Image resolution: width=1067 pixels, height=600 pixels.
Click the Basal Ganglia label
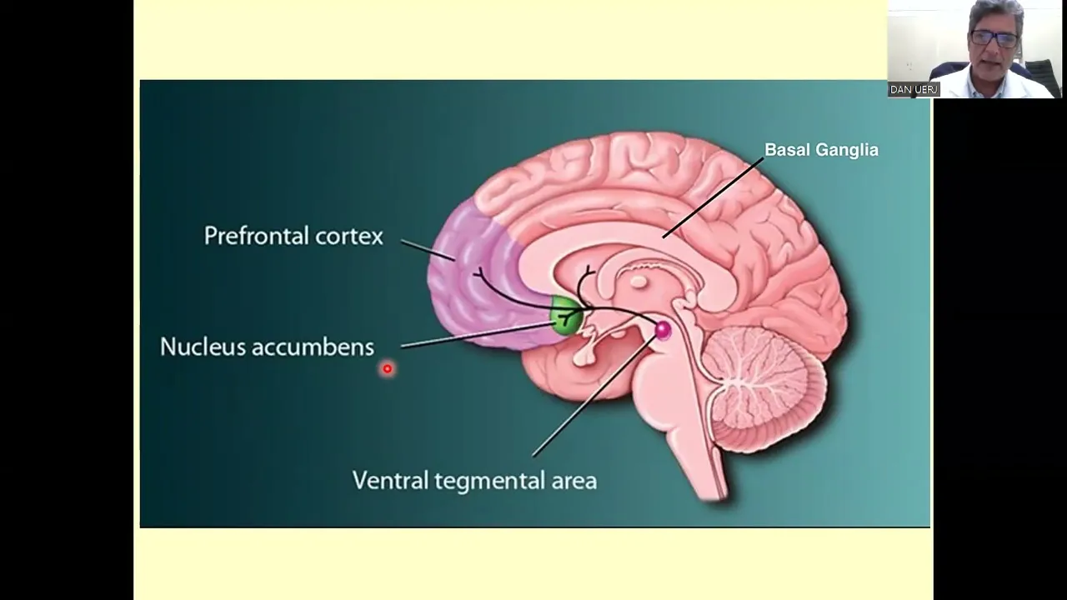(821, 151)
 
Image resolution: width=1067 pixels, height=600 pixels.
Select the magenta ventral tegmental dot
(663, 330)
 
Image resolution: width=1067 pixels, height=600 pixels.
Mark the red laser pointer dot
(387, 368)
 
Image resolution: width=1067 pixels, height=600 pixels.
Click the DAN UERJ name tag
(914, 89)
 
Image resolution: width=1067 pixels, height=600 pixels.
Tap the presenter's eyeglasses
(994, 38)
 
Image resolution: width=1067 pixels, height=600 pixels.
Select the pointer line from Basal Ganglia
(713, 197)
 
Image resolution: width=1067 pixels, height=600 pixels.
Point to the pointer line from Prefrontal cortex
(427, 249)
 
